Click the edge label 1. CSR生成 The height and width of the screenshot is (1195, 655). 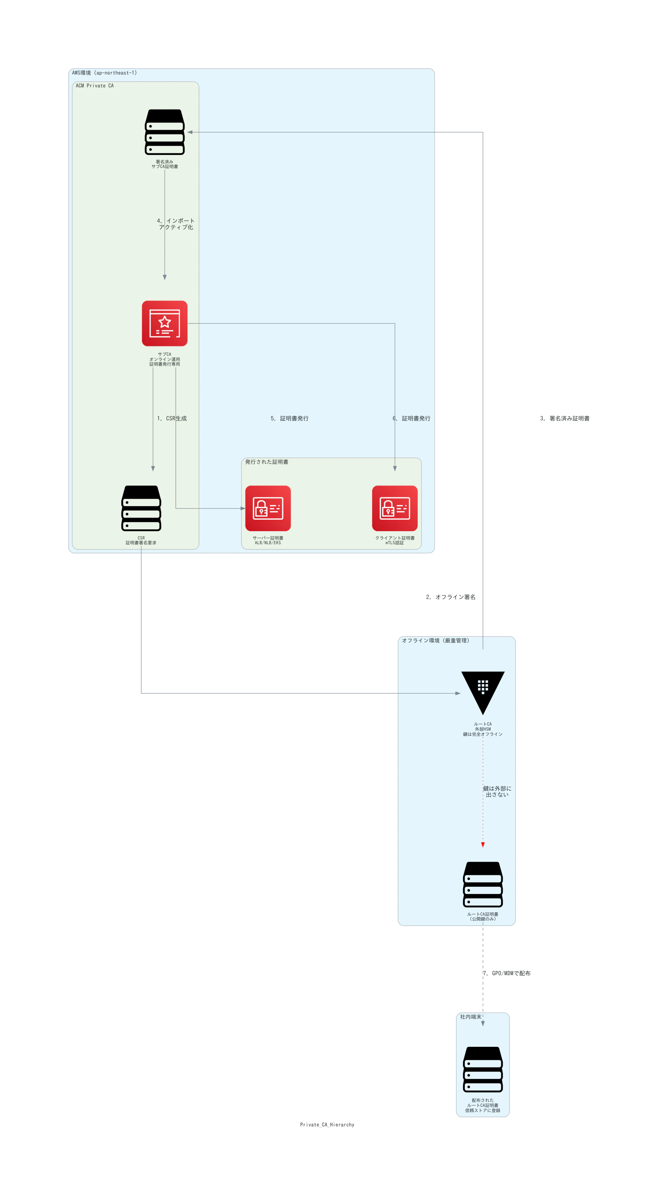point(172,419)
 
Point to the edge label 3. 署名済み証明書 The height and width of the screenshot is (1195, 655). point(565,419)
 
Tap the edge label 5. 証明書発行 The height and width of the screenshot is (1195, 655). point(290,419)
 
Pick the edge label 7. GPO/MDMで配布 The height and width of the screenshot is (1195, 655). point(506,973)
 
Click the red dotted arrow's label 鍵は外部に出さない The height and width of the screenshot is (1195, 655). point(497,791)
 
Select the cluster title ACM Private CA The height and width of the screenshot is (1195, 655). point(95,86)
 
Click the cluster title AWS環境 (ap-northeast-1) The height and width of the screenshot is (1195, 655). point(105,73)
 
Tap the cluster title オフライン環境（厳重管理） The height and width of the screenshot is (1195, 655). point(435,641)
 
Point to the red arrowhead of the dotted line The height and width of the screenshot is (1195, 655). point(483,845)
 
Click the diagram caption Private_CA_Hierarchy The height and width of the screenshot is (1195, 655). point(327,1125)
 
